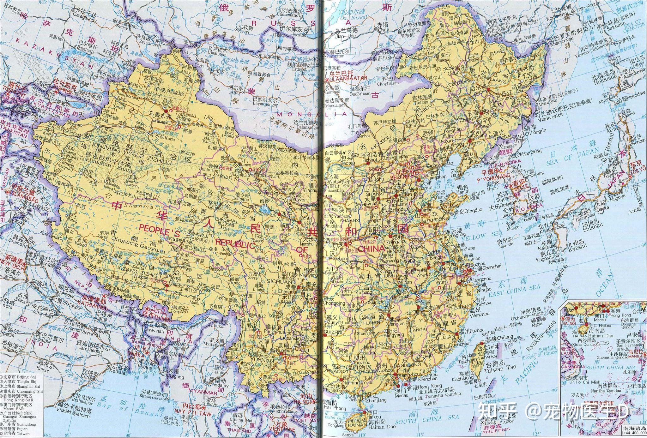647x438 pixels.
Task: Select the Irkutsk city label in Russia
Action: pyautogui.click(x=297, y=35)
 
